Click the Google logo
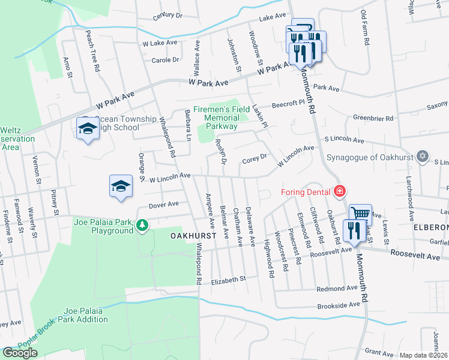[x=20, y=353]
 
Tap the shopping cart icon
[x=360, y=214]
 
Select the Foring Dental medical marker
[x=340, y=192]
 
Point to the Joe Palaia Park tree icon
[x=142, y=226]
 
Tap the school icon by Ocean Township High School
[x=88, y=128]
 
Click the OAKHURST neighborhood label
[x=193, y=236]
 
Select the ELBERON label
[x=430, y=228]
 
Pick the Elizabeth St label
[x=229, y=279]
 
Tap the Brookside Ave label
[x=338, y=305]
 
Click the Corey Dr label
[x=254, y=160]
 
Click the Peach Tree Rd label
[x=92, y=50]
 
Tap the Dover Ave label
[x=164, y=205]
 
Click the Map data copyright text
[x=424, y=355]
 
